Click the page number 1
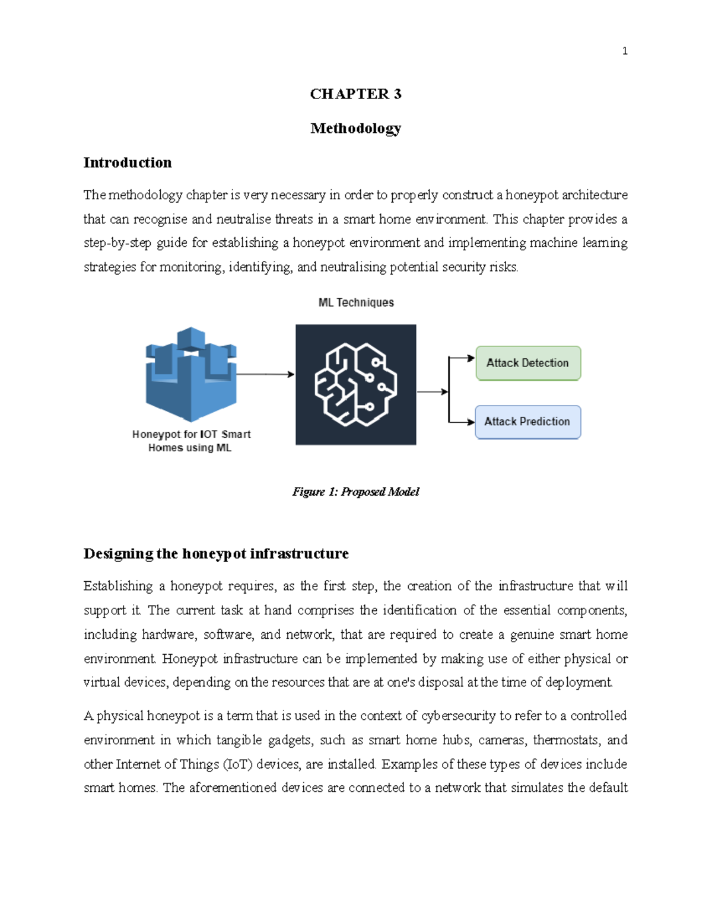[x=624, y=51]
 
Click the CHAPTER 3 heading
[x=355, y=94]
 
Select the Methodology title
[x=355, y=128]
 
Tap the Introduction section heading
[x=128, y=162]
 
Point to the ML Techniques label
[x=356, y=302]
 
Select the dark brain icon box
[x=356, y=384]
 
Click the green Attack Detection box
[x=528, y=363]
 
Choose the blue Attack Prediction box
[x=527, y=422]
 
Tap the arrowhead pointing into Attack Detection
[x=471, y=358]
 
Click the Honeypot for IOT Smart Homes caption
[x=191, y=441]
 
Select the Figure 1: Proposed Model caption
[x=355, y=492]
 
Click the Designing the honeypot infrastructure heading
[x=216, y=553]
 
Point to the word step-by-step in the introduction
[x=117, y=243]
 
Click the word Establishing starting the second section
[x=118, y=586]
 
